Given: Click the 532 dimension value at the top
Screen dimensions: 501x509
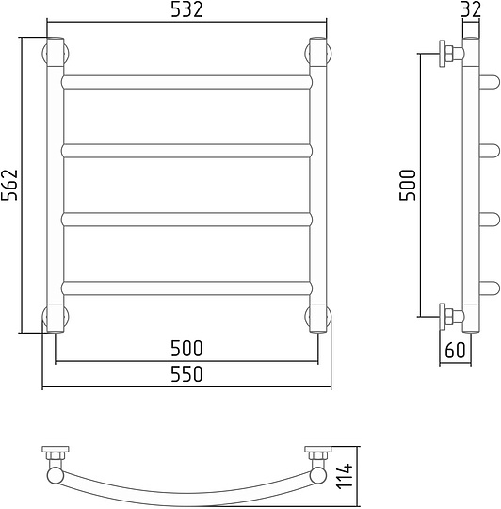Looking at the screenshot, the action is [x=186, y=10].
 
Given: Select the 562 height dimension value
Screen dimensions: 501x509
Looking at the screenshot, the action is [x=9, y=185].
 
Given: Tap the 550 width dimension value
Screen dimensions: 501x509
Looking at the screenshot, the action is [x=186, y=374].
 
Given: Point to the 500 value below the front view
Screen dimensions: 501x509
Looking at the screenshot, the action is [x=186, y=349].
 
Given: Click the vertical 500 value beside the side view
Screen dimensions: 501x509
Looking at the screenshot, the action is [x=407, y=185].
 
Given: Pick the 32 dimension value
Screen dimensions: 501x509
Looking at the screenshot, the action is [x=471, y=9].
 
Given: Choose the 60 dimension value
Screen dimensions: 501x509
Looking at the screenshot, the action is [x=455, y=351].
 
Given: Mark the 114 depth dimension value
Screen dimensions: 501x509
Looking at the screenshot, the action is [x=345, y=476].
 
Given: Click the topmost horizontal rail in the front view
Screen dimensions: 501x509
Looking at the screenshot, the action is [x=186, y=82].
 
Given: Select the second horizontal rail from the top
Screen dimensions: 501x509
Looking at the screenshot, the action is [x=186, y=151].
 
